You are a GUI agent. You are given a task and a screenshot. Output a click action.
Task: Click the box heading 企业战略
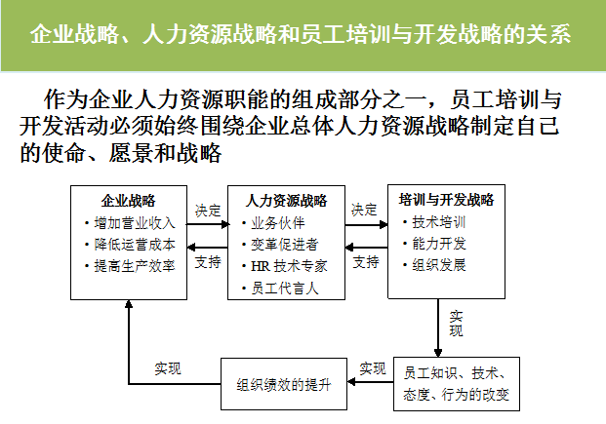click(x=129, y=202)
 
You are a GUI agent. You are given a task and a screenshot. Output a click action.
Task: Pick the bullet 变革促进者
click(x=284, y=245)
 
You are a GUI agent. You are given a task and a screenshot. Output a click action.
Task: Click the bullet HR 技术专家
click(x=288, y=266)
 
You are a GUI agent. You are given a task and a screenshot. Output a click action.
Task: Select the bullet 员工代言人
click(x=284, y=289)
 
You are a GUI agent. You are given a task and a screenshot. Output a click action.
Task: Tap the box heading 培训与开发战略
click(x=447, y=200)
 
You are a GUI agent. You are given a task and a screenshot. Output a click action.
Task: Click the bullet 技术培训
click(x=438, y=222)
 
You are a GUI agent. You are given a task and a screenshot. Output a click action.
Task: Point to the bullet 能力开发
click(x=438, y=244)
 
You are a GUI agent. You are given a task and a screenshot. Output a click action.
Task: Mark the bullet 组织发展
click(x=438, y=265)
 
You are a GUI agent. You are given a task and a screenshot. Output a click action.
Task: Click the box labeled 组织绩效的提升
click(x=285, y=384)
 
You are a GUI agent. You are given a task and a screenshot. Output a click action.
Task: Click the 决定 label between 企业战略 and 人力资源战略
click(x=207, y=210)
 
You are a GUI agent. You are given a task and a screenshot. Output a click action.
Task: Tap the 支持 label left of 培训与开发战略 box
click(x=366, y=263)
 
